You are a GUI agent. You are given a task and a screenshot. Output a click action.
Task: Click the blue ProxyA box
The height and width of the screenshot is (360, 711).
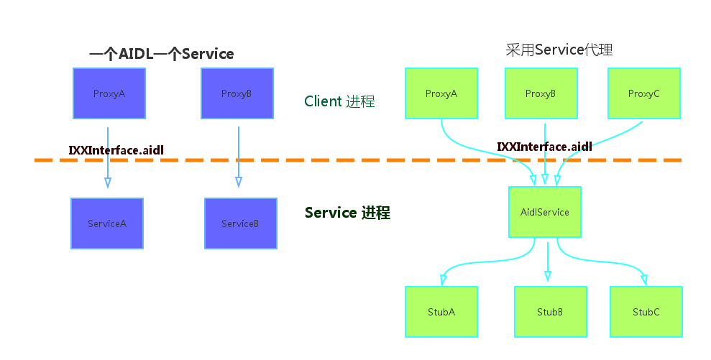109,93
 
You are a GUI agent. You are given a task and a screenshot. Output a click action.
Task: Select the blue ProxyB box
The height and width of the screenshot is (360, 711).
237,93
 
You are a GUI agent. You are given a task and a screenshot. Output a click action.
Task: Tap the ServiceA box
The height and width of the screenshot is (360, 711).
107,223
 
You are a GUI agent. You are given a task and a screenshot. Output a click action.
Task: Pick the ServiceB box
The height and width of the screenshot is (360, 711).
240,223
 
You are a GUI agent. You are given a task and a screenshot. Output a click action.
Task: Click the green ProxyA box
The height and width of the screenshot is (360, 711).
441,93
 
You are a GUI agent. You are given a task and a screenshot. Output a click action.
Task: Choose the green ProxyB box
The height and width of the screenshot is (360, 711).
541,93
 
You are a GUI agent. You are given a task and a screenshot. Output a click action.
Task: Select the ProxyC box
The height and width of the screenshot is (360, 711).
644,93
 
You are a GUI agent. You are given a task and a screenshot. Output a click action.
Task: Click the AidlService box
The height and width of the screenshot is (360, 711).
545,212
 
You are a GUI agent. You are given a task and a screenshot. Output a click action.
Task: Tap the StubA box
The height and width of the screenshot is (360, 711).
441,312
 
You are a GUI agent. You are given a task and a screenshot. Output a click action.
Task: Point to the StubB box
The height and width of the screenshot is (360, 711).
550,312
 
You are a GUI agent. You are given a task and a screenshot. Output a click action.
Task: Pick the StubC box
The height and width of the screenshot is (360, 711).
646,312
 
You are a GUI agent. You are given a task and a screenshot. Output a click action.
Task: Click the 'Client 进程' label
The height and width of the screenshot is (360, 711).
339,101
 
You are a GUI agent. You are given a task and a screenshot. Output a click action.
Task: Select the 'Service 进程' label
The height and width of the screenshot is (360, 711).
347,213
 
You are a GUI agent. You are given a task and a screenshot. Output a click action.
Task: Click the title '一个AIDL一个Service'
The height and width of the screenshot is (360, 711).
161,54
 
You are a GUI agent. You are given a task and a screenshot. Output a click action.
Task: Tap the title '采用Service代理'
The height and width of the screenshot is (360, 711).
559,50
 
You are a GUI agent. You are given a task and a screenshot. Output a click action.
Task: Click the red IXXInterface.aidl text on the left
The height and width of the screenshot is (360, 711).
116,150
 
